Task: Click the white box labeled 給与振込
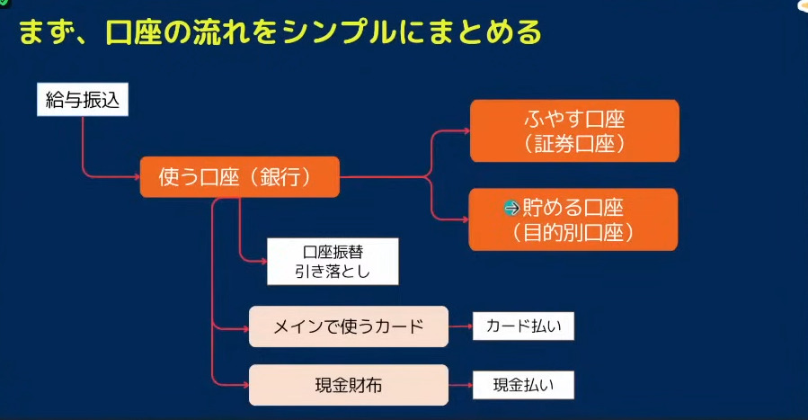(x=83, y=100)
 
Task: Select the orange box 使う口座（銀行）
(x=240, y=177)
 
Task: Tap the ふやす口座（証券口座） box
(x=574, y=131)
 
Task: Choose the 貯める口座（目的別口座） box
(x=573, y=219)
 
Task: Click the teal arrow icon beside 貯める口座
(x=511, y=208)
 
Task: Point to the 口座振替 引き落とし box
(x=333, y=262)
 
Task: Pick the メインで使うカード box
(x=349, y=326)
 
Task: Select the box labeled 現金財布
(x=349, y=385)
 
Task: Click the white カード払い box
(x=524, y=326)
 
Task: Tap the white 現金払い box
(x=524, y=385)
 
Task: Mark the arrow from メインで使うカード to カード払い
(x=461, y=326)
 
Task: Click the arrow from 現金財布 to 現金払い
(x=461, y=385)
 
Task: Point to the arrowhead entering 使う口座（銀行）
(x=138, y=177)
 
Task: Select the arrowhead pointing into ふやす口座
(x=466, y=131)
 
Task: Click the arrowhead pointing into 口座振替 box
(x=264, y=262)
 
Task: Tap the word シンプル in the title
(x=339, y=32)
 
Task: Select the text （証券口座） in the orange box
(x=574, y=144)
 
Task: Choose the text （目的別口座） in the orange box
(x=573, y=233)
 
